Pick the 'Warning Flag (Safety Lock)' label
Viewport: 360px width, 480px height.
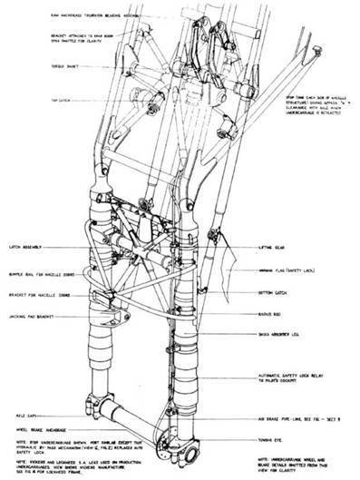tap(281, 271)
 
